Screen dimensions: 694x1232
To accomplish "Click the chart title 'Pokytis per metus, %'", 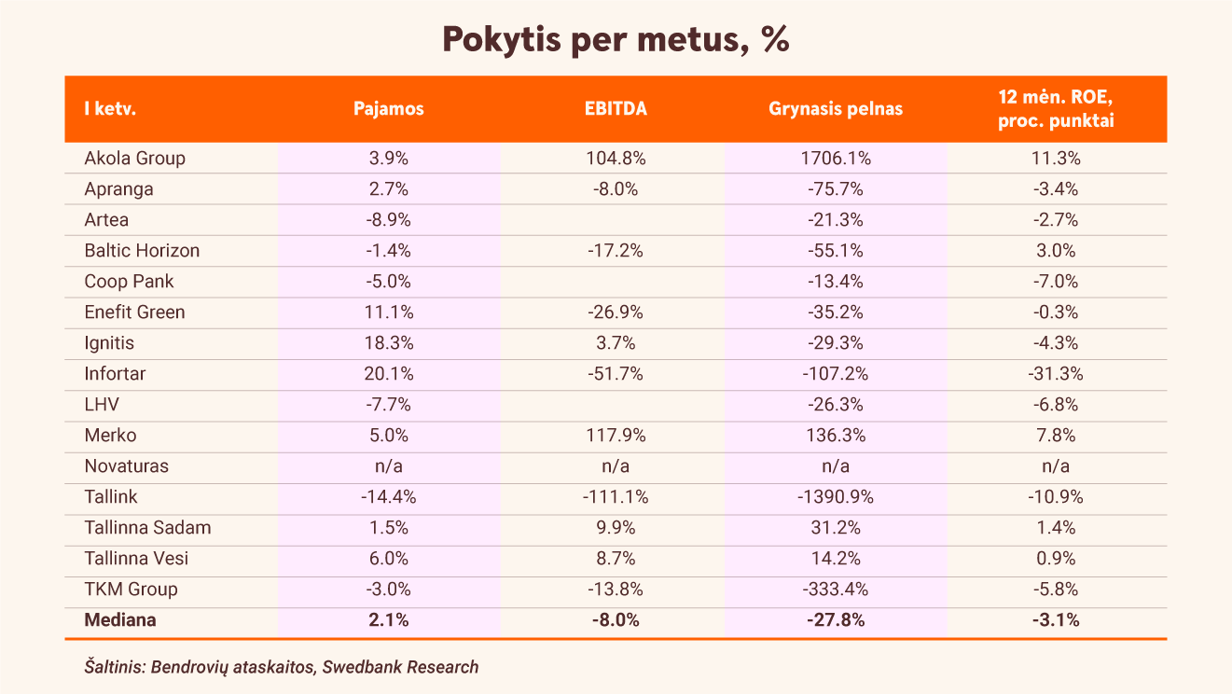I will click(x=616, y=39).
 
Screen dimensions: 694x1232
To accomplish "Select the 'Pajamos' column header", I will click(x=389, y=109).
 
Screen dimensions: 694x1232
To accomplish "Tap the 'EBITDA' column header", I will click(x=616, y=109).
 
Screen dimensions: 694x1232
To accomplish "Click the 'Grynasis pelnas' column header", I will click(x=836, y=109).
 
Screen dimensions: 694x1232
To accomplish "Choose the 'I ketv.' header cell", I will click(x=110, y=109).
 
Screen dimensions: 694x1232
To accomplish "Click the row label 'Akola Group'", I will click(x=134, y=159).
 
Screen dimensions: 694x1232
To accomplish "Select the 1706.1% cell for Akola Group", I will click(x=836, y=159).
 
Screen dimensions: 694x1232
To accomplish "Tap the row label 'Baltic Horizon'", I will click(x=142, y=251).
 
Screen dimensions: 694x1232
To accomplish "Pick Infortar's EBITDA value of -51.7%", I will click(x=616, y=374).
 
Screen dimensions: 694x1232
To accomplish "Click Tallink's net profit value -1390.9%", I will click(x=836, y=497).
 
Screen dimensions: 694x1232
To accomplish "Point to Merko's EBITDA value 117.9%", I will click(x=616, y=436).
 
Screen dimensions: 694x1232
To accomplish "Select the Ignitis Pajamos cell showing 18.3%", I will click(x=389, y=343).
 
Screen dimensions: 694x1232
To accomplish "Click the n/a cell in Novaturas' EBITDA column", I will click(x=616, y=466).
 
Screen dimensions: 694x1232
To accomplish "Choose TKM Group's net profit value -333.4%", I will click(x=836, y=590).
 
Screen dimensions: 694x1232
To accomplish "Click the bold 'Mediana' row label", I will click(x=120, y=620).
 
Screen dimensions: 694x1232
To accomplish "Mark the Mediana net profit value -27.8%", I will click(x=836, y=620).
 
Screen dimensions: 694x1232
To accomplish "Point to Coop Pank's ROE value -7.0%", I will click(x=1056, y=282).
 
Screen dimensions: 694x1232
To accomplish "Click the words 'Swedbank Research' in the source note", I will click(x=400, y=667).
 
